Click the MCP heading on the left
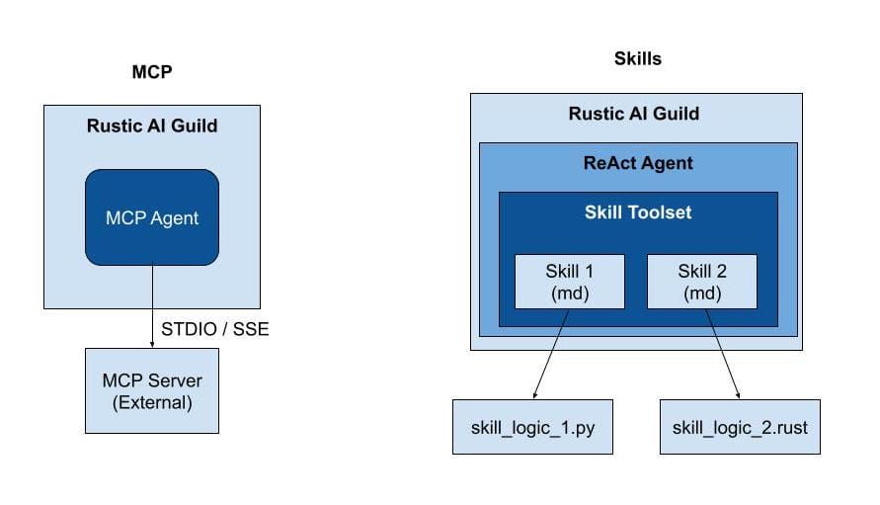151,72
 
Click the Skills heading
637,59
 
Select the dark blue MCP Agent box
151,217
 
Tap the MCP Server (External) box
151,390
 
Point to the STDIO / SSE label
214,329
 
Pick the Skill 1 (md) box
568,282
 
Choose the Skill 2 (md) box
701,282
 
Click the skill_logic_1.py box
533,427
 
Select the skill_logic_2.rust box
740,427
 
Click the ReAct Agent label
637,163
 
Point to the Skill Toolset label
637,211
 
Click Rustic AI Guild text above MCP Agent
151,126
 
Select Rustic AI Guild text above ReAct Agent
633,114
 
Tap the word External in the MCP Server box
151,402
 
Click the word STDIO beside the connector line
189,329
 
